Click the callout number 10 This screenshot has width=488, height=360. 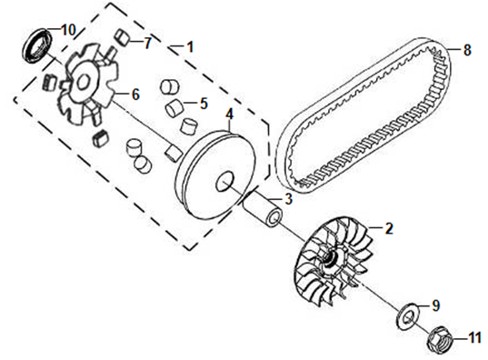pyautogui.click(x=69, y=30)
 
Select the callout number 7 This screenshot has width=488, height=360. pyautogui.click(x=148, y=43)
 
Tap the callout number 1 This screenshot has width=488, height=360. pyautogui.click(x=190, y=46)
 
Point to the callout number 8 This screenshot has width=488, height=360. pyautogui.click(x=467, y=50)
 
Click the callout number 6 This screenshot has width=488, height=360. pyautogui.click(x=135, y=95)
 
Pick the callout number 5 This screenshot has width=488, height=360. pyautogui.click(x=204, y=104)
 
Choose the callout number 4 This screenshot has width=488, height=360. pyautogui.click(x=229, y=115)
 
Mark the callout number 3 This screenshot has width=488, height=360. pyautogui.click(x=288, y=199)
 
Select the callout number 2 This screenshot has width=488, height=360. pyautogui.click(x=389, y=228)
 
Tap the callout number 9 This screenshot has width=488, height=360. pyautogui.click(x=436, y=305)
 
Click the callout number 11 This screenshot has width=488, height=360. pyautogui.click(x=475, y=338)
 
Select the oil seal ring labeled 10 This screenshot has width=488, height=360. pyautogui.click(x=37, y=45)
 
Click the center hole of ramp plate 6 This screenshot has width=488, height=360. pyautogui.click(x=83, y=84)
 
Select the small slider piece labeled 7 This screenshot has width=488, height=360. pyautogui.click(x=122, y=37)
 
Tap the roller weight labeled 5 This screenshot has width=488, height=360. pyautogui.click(x=174, y=108)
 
